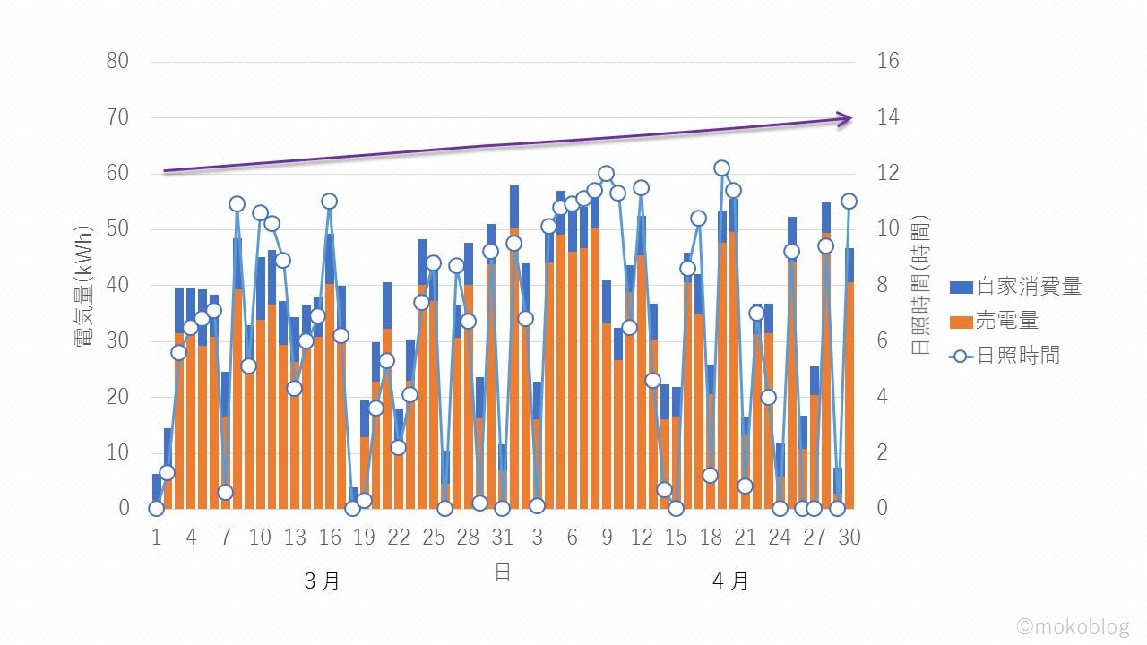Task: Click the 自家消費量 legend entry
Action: pyautogui.click(x=1015, y=287)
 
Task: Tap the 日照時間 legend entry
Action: pyautogui.click(x=1005, y=356)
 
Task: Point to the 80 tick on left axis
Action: pyautogui.click(x=117, y=62)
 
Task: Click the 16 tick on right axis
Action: pyautogui.click(x=888, y=62)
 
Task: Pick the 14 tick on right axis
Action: pyautogui.click(x=888, y=117)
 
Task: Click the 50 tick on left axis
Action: pyautogui.click(x=117, y=229)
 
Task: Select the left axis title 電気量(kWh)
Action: pyautogui.click(x=86, y=285)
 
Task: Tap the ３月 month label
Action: pyautogui.click(x=322, y=581)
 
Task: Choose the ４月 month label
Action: pyautogui.click(x=730, y=581)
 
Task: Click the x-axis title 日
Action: pyautogui.click(x=503, y=572)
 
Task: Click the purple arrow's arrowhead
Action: pyautogui.click(x=845, y=118)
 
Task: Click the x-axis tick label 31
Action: pyautogui.click(x=503, y=537)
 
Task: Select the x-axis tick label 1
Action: pyautogui.click(x=157, y=537)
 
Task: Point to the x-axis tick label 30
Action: pyautogui.click(x=849, y=537)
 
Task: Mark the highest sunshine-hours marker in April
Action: pyautogui.click(x=721, y=168)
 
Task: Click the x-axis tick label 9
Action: pyautogui.click(x=607, y=537)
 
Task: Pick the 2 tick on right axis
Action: pyautogui.click(x=883, y=452)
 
